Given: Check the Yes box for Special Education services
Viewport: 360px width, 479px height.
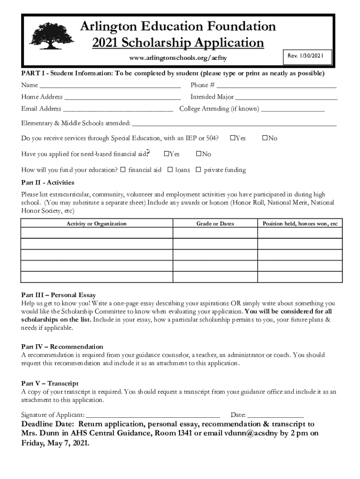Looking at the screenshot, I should tap(233, 138).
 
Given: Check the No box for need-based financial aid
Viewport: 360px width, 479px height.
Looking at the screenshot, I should tap(199, 154).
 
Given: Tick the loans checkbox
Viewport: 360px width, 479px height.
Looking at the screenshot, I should tap(170, 169).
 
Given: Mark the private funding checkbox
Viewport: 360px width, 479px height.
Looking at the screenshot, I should tap(199, 169).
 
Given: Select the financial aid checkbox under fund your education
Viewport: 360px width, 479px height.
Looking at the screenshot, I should tap(123, 169).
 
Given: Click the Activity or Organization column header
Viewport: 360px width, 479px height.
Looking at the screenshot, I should tap(96, 224).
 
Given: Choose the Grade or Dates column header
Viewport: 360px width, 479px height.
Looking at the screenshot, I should tap(215, 224).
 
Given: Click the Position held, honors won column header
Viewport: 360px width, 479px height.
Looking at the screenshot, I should tap(300, 224).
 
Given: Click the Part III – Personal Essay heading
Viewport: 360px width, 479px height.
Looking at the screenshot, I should tap(58, 295).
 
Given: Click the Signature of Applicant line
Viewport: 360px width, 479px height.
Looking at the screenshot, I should tap(153, 415).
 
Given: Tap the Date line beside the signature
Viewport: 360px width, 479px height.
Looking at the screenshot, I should tap(275, 415).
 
